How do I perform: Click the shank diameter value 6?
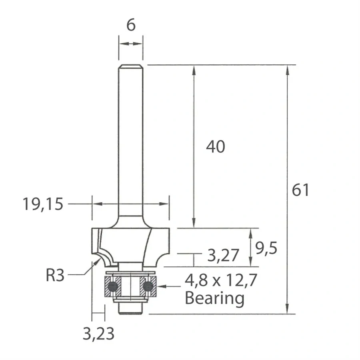click(x=131, y=25)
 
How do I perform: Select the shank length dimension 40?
click(x=216, y=147)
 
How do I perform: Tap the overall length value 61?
click(x=300, y=190)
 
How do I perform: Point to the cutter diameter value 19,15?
click(x=43, y=204)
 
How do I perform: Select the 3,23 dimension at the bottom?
click(x=98, y=334)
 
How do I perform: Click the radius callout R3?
click(x=55, y=276)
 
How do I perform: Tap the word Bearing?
click(x=214, y=298)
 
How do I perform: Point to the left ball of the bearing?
click(x=113, y=286)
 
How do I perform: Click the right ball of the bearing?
click(x=148, y=286)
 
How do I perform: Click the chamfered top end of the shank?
click(x=131, y=66)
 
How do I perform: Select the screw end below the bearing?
click(x=130, y=308)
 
